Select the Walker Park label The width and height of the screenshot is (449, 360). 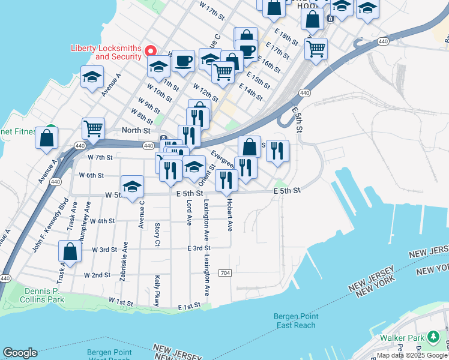(x=403, y=337)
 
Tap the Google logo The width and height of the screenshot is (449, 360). (x=20, y=353)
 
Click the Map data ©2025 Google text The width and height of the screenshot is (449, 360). (x=412, y=355)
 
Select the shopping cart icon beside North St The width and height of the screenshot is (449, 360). (x=93, y=128)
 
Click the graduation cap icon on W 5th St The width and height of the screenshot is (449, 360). (x=132, y=185)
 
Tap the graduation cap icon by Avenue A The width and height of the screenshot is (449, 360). (x=92, y=76)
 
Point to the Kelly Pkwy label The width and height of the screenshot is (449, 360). (x=157, y=291)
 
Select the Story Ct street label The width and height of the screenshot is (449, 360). (x=157, y=234)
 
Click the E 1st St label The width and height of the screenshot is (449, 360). (x=188, y=307)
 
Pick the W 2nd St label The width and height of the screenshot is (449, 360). (x=97, y=275)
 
